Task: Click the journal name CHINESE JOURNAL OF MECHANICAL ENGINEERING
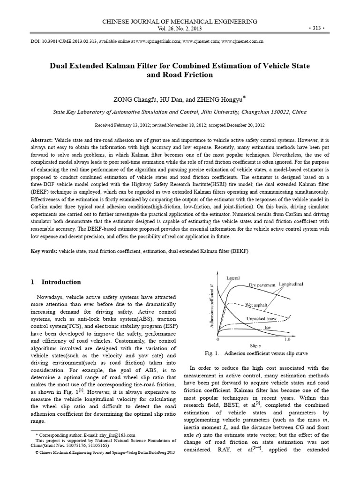point(180,22)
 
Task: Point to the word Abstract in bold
point(42,141)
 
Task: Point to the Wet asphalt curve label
point(256,304)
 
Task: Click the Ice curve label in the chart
point(268,327)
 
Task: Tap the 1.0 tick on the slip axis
point(287,338)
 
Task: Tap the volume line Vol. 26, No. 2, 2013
point(180,28)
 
